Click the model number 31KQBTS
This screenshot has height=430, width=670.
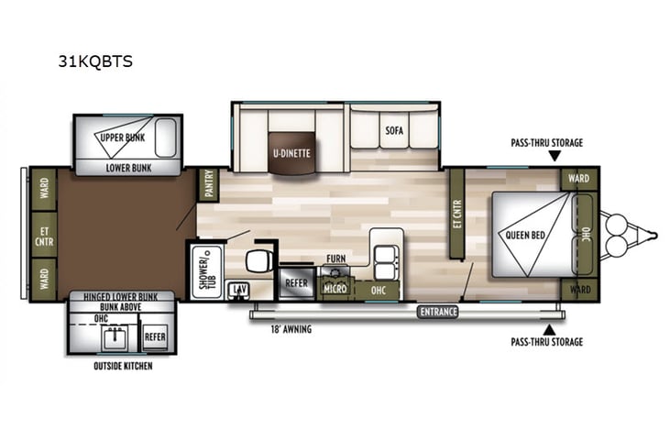(95, 62)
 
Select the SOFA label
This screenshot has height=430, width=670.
(394, 131)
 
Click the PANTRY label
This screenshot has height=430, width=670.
(209, 186)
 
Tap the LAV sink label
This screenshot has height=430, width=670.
(239, 289)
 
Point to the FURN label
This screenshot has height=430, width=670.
(336, 259)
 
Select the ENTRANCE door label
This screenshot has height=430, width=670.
(438, 312)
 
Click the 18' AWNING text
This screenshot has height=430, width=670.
(291, 329)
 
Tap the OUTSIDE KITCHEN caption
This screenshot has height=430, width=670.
(123, 367)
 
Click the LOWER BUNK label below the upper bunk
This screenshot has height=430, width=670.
(128, 168)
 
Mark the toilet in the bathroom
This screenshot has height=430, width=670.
(261, 259)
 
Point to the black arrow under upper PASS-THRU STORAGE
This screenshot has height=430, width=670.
(553, 157)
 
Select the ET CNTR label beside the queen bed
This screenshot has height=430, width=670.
(456, 215)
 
